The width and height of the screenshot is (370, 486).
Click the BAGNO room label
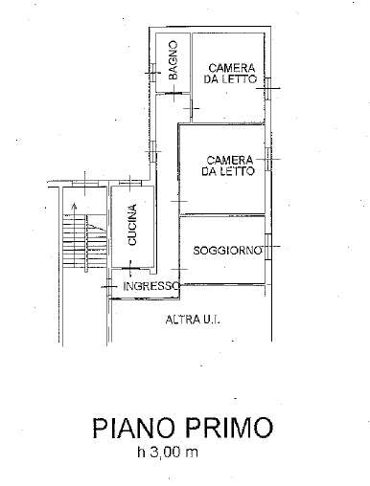point(173,59)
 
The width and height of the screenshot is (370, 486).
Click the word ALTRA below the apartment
point(182,319)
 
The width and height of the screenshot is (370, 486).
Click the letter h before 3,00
point(140,453)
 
